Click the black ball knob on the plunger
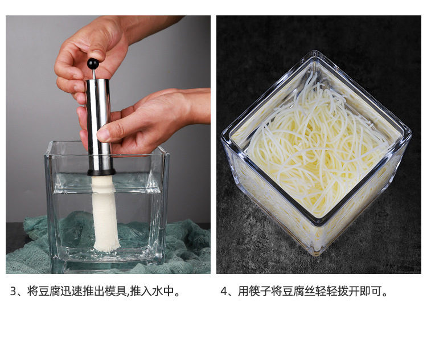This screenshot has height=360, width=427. point(93,64)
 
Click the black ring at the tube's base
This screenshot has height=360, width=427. point(101,172)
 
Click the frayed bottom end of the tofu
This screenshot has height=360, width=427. point(107,247)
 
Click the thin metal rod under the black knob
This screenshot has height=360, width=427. point(94,74)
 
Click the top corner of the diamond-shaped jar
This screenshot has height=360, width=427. point(316,52)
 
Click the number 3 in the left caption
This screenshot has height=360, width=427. point(13,291)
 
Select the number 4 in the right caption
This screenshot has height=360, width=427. point(224,291)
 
